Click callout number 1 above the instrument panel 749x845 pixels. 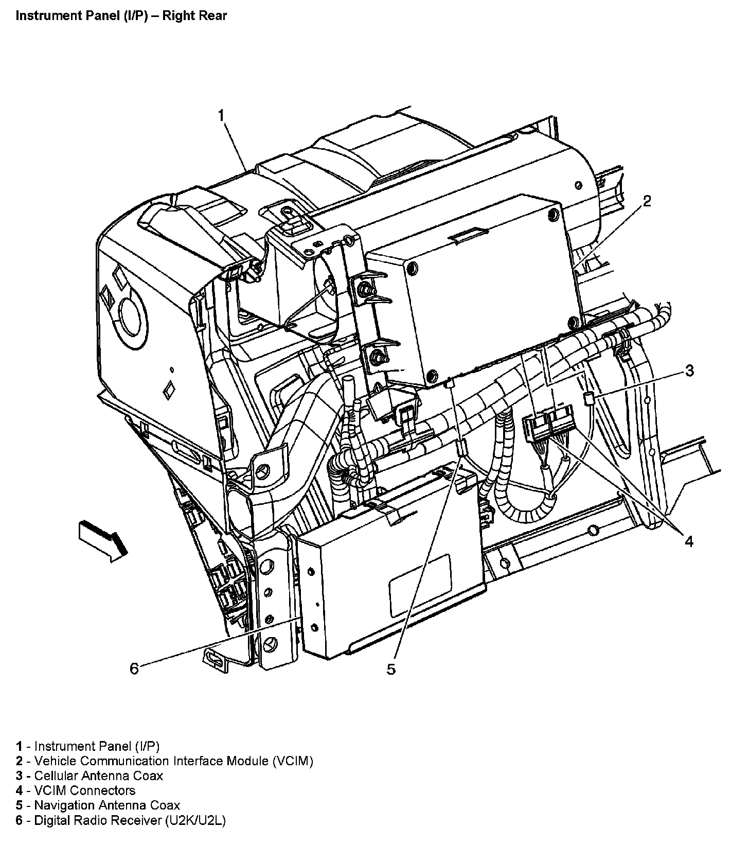coord(221,115)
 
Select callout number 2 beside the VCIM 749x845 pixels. coord(647,201)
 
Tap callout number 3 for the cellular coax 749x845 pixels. coord(689,371)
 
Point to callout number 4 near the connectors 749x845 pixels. coord(688,541)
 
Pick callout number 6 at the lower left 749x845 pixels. coord(134,668)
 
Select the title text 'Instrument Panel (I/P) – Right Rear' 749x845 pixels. coord(121,15)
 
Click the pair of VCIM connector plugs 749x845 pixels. coord(548,420)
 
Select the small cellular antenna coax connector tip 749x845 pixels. coord(587,398)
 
